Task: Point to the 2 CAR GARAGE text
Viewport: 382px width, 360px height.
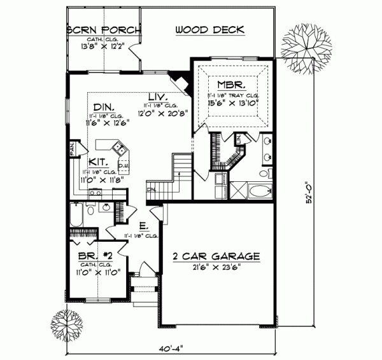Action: (x=216, y=256)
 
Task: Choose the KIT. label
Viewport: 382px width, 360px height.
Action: (x=97, y=162)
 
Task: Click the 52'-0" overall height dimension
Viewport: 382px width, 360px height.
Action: (x=308, y=193)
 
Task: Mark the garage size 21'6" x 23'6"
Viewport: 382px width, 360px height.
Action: (x=216, y=268)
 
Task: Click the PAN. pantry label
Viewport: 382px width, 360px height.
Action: (x=72, y=148)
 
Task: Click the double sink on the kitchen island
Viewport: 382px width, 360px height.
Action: (x=118, y=149)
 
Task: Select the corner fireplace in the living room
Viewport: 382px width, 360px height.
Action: (x=183, y=83)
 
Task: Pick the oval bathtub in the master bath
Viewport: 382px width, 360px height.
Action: (x=260, y=190)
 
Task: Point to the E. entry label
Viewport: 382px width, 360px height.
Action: (x=144, y=226)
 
